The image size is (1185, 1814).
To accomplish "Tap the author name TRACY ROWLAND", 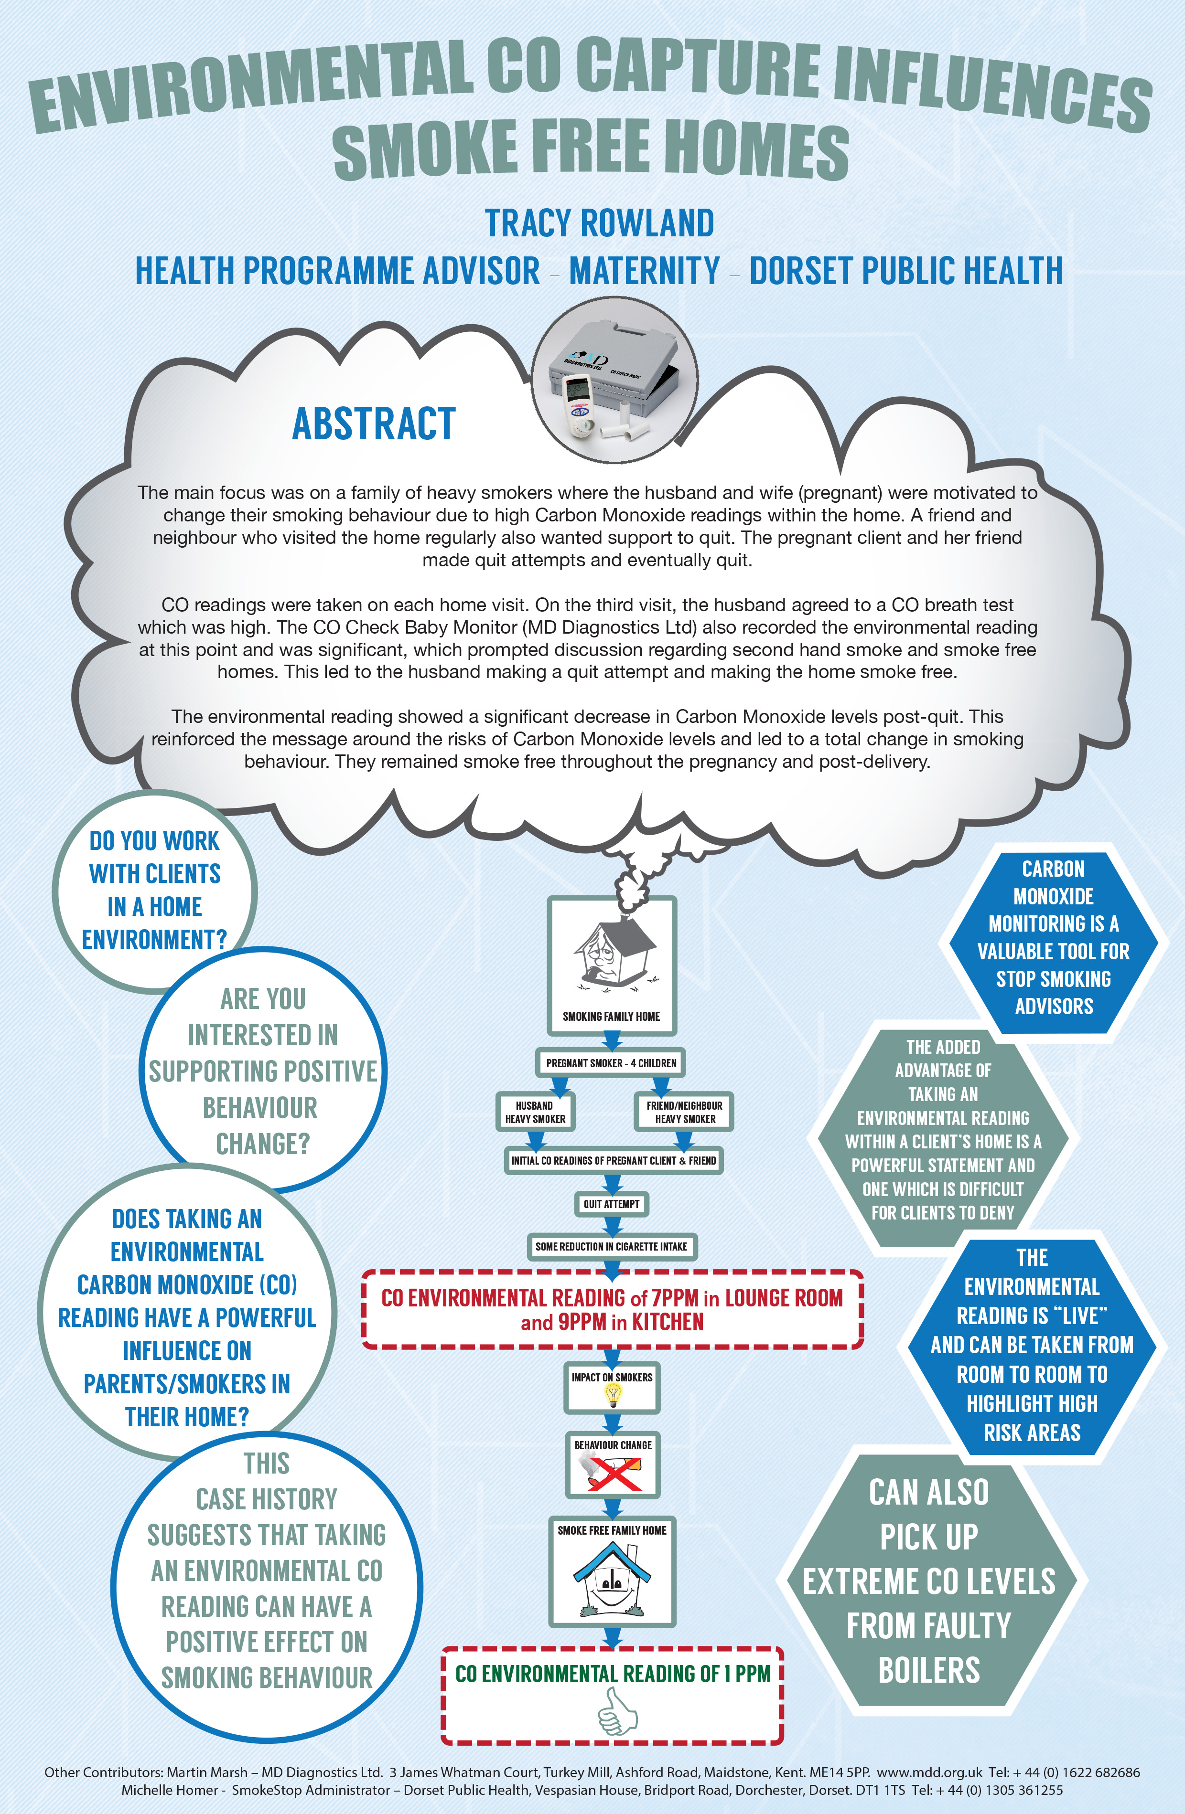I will [599, 223].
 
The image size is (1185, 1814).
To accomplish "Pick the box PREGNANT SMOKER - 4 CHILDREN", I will [611, 1062].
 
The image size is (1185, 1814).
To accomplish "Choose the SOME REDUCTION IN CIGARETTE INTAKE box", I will [611, 1246].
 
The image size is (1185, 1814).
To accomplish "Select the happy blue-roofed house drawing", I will [612, 1573].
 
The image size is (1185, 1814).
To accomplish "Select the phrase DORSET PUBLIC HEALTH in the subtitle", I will [906, 271].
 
